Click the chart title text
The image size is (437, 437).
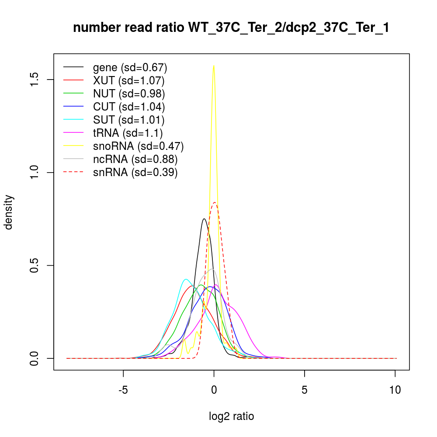click(231, 28)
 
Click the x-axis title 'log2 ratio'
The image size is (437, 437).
click(232, 416)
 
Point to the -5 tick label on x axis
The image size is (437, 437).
click(123, 389)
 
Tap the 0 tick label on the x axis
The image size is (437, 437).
click(214, 389)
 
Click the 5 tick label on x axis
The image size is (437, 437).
click(305, 389)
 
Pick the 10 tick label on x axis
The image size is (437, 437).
click(395, 389)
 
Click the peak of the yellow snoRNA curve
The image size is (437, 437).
click(214, 66)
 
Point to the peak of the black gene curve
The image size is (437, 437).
click(204, 218)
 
